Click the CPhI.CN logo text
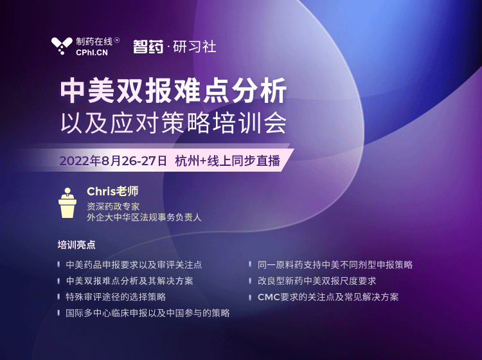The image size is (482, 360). coord(92,53)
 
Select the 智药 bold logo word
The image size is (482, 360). coord(148,47)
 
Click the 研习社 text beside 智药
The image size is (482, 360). coord(195,47)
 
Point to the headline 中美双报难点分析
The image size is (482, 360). coord(174,91)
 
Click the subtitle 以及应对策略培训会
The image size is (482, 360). coord(174,123)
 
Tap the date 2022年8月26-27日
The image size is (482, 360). coord(113,161)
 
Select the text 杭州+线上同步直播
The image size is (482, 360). coord(228,161)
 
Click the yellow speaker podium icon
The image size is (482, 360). coord(67,203)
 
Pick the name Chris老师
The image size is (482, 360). coord(112,191)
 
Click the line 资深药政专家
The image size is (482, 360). coord(113,206)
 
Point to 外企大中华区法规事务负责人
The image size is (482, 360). coord(144,217)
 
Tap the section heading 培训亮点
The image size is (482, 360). coord(76,245)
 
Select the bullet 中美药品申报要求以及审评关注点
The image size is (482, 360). coord(134,265)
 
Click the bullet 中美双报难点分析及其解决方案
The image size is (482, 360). coord(129,281)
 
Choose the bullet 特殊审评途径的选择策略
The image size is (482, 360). coord(116,296)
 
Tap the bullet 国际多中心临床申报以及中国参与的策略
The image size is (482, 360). coord(148,313)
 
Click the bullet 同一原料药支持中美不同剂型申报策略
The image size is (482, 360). coord(335,265)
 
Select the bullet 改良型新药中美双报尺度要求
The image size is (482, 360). coord(317,281)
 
